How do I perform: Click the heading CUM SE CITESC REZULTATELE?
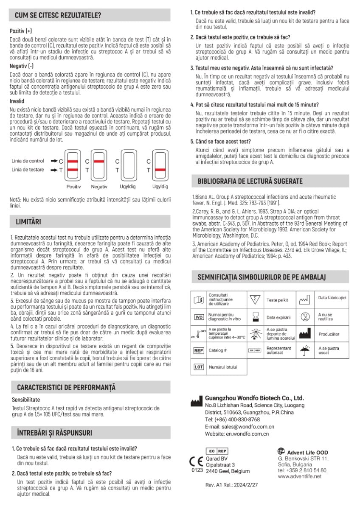(58, 16)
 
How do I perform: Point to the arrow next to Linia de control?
(53, 161)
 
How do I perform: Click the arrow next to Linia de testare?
(53, 170)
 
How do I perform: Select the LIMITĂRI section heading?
(28, 221)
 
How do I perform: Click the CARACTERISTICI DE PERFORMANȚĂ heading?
(66, 387)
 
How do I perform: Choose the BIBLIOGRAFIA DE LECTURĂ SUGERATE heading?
(250, 181)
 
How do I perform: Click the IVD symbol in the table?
(199, 317)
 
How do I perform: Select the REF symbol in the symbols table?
(199, 350)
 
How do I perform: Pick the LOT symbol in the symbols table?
(199, 367)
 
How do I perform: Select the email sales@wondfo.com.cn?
(239, 427)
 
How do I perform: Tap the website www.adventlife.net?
(300, 476)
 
